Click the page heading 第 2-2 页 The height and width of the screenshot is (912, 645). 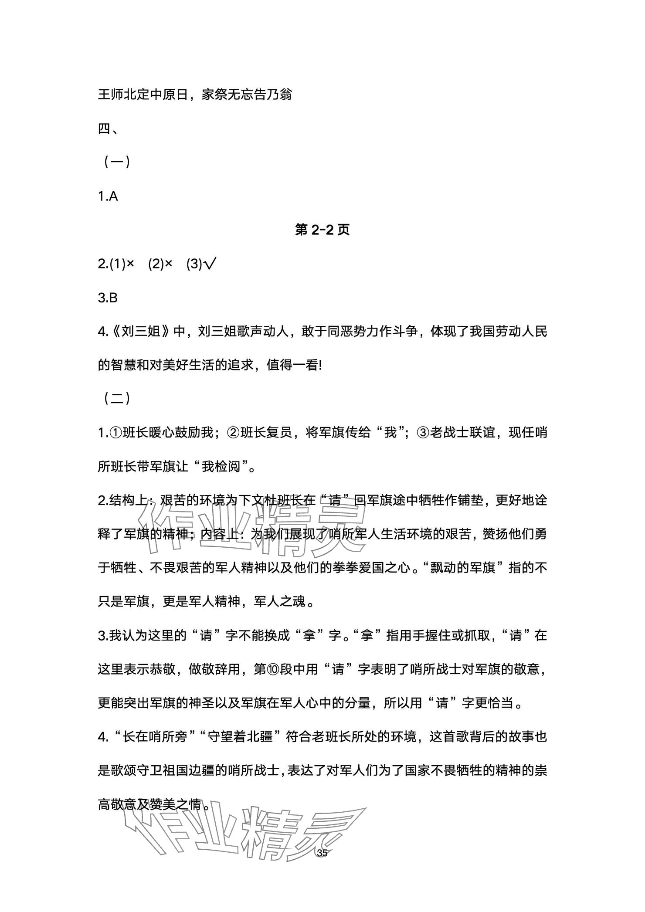click(322, 230)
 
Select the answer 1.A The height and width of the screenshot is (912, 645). click(108, 197)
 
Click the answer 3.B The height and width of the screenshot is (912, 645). click(108, 298)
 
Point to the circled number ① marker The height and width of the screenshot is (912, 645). click(115, 433)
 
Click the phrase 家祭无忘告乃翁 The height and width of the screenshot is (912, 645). click(247, 95)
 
